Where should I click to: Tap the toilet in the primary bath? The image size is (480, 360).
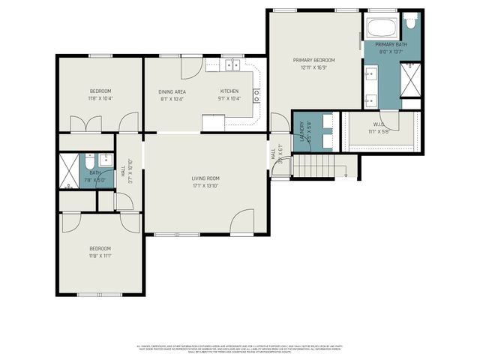[x=409, y=22]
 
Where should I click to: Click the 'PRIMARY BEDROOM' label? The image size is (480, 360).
[x=313, y=60]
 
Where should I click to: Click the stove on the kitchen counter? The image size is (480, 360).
[x=256, y=94]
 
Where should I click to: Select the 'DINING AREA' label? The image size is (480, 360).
[x=172, y=91]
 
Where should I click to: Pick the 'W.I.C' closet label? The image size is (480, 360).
[x=379, y=124]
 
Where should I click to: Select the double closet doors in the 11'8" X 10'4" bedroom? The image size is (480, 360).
[x=84, y=124]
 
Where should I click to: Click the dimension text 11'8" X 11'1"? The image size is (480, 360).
[x=100, y=256]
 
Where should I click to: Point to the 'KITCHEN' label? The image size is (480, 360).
[x=229, y=91]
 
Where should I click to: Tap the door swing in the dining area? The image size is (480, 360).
[x=192, y=65]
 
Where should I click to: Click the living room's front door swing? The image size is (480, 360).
[x=243, y=222]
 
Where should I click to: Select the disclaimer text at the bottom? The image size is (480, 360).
[x=240, y=349]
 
